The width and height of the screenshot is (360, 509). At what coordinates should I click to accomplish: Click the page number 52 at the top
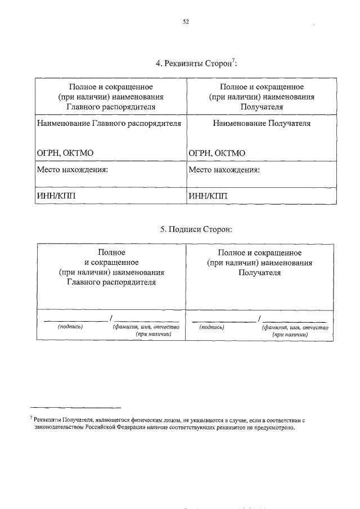186,22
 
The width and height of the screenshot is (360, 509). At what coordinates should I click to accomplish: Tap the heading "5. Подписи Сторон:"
196,229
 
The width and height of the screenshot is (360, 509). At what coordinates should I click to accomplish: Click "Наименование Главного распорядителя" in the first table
108,123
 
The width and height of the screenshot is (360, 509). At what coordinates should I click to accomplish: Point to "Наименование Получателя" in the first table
261,123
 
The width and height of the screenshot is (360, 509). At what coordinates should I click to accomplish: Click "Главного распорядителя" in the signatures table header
111,282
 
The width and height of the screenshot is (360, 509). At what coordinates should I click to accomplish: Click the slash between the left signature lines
111,319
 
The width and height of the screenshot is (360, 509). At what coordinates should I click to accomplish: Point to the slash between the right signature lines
258,319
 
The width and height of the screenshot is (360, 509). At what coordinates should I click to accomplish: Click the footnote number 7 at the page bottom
31,418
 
